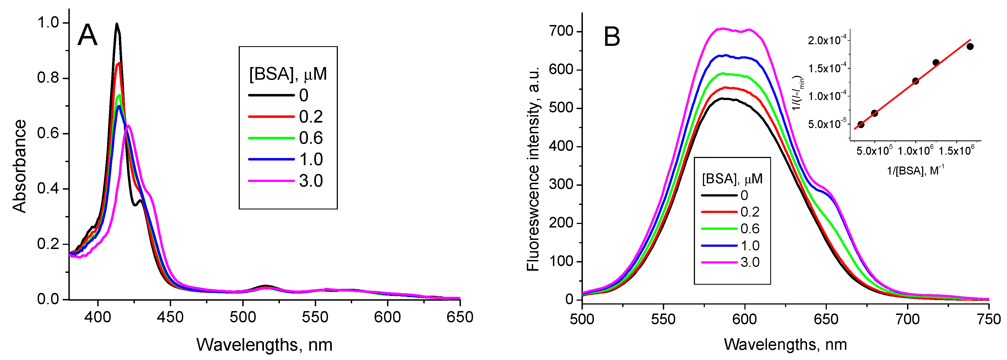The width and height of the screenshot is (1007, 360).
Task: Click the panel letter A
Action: click(x=87, y=35)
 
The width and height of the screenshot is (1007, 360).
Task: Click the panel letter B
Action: click(x=612, y=37)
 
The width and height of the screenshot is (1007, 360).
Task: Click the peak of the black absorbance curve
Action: click(x=116, y=24)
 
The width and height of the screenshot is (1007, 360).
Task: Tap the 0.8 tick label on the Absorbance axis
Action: click(x=48, y=78)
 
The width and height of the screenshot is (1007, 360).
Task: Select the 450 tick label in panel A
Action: click(x=170, y=317)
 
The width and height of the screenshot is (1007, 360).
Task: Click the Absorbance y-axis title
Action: click(x=20, y=166)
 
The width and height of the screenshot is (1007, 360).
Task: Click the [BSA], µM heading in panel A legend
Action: click(x=288, y=74)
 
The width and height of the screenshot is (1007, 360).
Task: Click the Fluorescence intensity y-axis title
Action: click(x=533, y=168)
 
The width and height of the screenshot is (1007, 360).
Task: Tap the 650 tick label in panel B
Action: click(x=826, y=319)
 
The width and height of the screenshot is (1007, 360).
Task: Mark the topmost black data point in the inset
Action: click(x=970, y=46)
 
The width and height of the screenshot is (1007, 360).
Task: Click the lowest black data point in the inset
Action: click(x=861, y=124)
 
